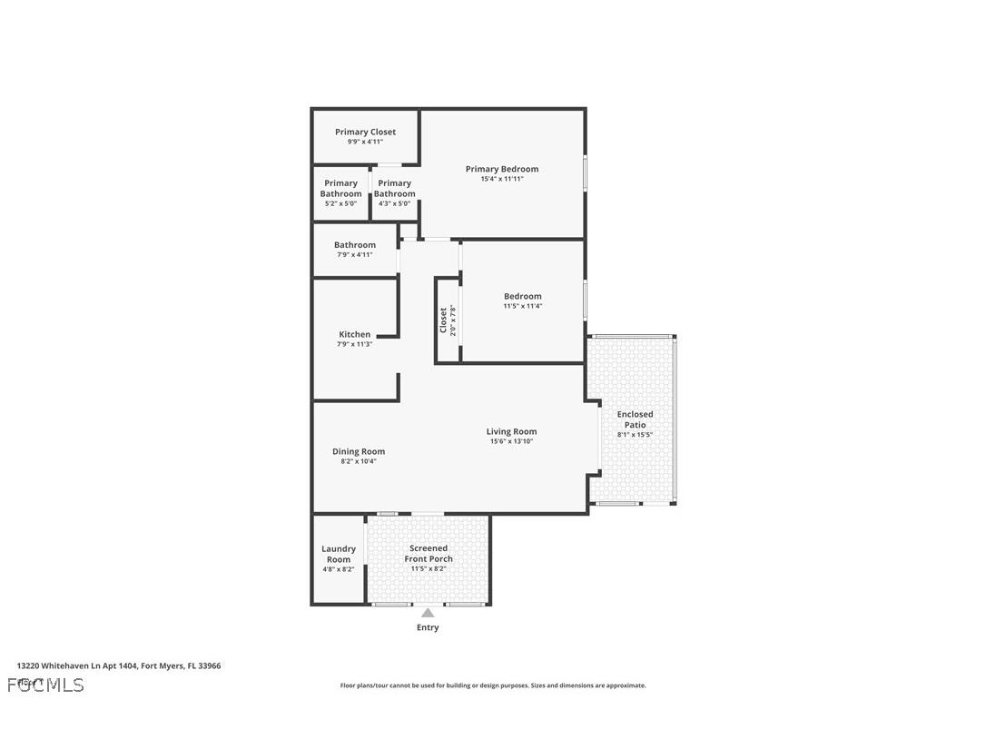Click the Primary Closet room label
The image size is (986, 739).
(365, 132)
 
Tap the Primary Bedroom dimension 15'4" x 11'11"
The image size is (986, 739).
(502, 179)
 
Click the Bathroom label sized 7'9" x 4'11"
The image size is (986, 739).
(354, 245)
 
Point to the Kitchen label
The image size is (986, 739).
(354, 334)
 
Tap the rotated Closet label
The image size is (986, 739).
(444, 320)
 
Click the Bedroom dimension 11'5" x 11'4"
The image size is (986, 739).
(523, 306)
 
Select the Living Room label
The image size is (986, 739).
(511, 431)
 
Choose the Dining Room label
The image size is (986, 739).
(359, 451)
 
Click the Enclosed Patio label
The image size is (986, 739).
(636, 419)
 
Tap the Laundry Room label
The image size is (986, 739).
(339, 554)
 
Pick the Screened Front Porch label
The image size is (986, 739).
(429, 554)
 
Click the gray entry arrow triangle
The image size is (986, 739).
(428, 613)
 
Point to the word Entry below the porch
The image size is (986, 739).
(428, 627)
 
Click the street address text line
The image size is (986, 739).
(119, 665)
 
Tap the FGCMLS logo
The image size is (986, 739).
(45, 685)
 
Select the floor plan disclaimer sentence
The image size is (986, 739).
(493, 685)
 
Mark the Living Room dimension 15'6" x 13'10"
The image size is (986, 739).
(511, 441)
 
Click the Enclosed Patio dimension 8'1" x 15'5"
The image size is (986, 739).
(636, 434)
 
